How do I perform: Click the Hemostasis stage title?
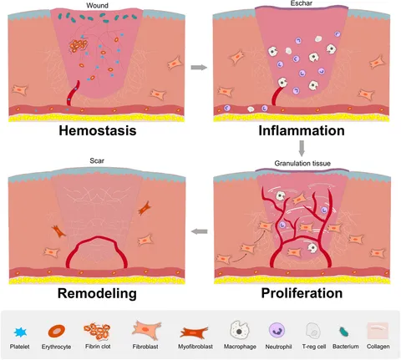tap(98, 130)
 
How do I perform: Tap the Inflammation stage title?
tap(302, 130)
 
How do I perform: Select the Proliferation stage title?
tap(302, 293)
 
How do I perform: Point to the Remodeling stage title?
tap(97, 293)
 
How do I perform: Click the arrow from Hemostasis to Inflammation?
tap(199, 68)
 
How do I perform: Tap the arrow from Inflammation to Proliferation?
tap(302, 149)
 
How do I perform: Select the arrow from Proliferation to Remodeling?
tap(200, 231)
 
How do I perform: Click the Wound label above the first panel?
tap(97, 5)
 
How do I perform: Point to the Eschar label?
tap(302, 3)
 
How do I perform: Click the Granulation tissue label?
tap(302, 163)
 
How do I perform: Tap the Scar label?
tap(97, 160)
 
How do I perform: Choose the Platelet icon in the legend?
tap(20, 332)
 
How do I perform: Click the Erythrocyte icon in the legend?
tap(57, 331)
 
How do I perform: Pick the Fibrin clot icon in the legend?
tap(97, 332)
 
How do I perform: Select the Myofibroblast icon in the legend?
tap(195, 332)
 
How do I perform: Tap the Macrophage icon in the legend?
tap(240, 330)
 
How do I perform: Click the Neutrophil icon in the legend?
tap(277, 330)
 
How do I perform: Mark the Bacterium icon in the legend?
tap(344, 332)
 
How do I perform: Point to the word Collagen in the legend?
tap(378, 347)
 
